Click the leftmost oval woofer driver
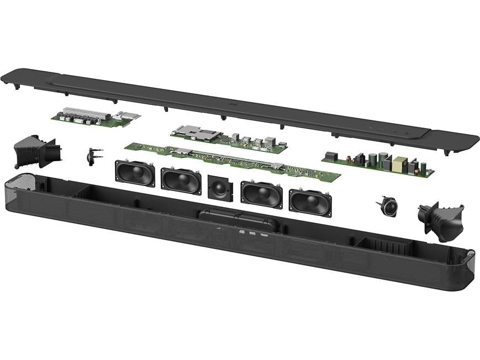135,173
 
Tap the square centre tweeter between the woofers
220,188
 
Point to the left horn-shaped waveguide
36,151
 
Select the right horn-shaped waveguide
443,220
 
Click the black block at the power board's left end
331,156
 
